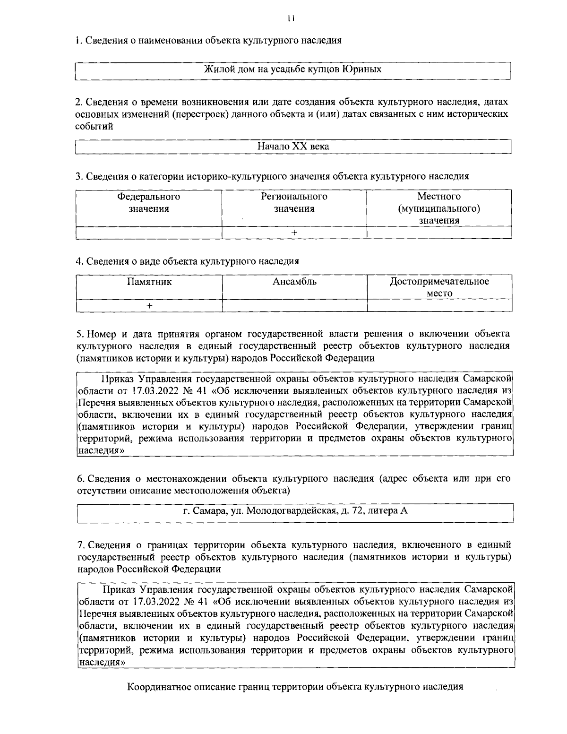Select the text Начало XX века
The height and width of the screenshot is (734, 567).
tap(293, 147)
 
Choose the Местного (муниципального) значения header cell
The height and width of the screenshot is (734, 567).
tap(439, 208)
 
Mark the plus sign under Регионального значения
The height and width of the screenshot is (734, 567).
tap(294, 233)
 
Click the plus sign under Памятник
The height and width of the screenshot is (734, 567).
tap(149, 306)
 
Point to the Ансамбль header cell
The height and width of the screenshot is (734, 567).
tap(294, 287)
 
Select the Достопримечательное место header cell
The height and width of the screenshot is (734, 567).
tap(439, 287)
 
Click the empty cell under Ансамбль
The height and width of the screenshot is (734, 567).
tap(294, 306)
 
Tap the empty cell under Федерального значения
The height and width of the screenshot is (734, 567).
tap(149, 233)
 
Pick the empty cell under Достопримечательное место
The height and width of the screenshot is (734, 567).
tap(439, 306)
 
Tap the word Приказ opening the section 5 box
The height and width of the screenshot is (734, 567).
tap(118, 379)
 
